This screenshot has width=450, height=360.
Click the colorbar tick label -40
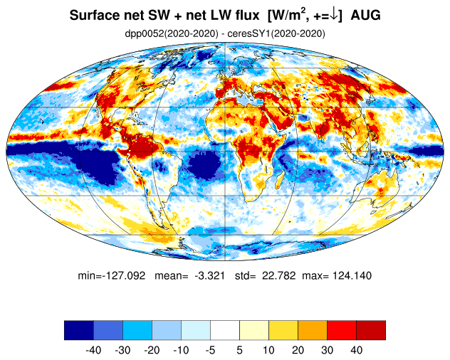pos(93,350)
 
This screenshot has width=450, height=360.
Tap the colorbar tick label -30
pos(122,350)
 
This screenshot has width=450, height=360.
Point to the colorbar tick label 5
pos(240,350)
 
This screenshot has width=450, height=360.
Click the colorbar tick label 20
pos(298,350)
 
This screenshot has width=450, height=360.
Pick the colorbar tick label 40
pos(356,350)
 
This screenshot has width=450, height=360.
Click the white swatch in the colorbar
pos(225,330)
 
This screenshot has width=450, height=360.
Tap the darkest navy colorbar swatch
pos(79,330)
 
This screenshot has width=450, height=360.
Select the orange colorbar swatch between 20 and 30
pos(313,330)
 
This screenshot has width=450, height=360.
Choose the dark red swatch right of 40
pos(371,330)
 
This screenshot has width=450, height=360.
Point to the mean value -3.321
pos(209,275)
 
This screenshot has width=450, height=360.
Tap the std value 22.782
pos(278,275)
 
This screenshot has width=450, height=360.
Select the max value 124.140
pos(352,275)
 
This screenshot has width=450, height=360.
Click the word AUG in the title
pos(366,15)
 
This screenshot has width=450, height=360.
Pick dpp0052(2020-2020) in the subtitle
pos(172,34)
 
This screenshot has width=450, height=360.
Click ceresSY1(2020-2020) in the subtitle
pos(276,34)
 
